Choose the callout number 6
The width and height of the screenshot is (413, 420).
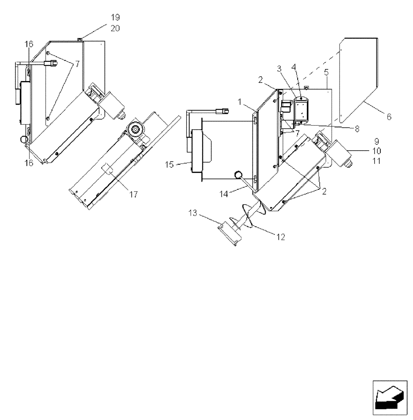tap(389, 117)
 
